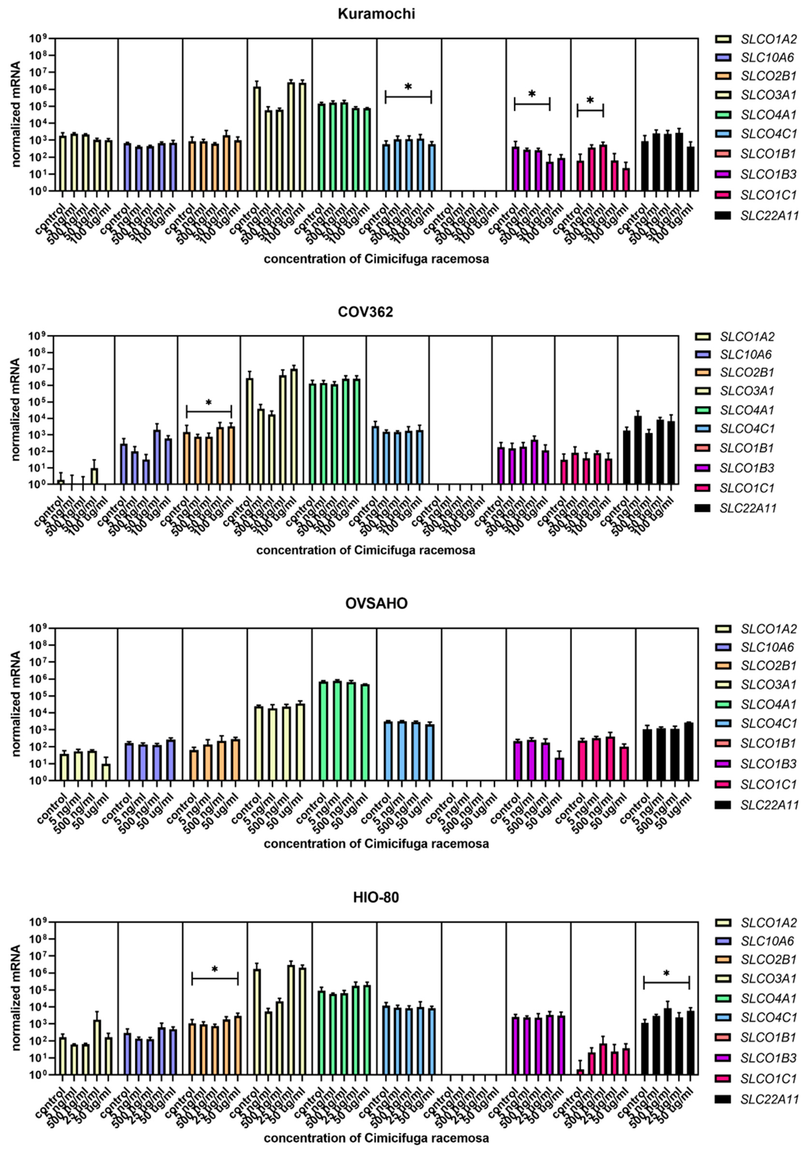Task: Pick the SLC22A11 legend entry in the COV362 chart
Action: pos(748,508)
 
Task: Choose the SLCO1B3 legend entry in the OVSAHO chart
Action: pos(768,764)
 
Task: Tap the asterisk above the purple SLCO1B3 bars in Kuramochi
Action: pos(532,95)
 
